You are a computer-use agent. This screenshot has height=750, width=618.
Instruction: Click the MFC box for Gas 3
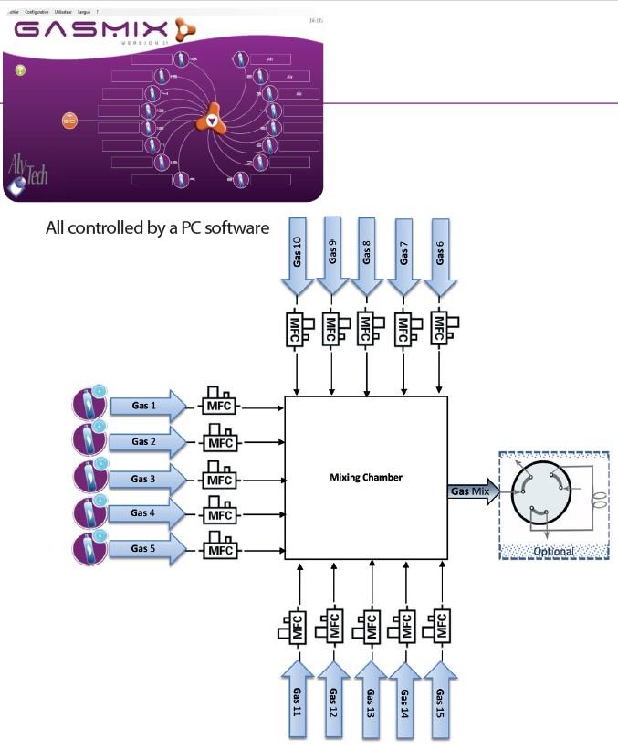tap(219, 478)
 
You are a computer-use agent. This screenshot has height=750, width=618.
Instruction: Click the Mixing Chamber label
tap(366, 478)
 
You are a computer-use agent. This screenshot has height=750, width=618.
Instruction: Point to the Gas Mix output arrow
tap(473, 491)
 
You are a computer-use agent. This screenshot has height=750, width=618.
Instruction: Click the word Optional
tap(553, 551)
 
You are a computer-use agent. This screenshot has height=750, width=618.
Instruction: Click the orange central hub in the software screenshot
tap(212, 120)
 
